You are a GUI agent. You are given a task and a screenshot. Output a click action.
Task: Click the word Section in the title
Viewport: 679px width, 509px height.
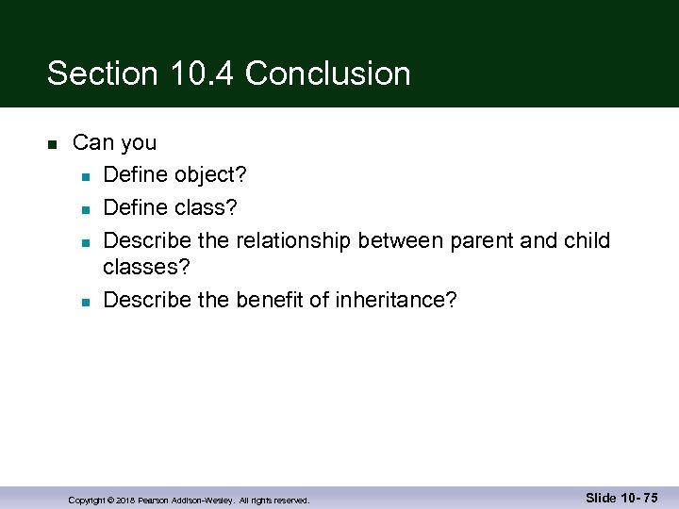tap(97, 74)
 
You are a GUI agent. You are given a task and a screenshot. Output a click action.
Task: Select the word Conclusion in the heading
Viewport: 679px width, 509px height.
tap(327, 74)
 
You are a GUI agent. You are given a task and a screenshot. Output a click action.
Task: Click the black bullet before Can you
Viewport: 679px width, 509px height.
tap(52, 144)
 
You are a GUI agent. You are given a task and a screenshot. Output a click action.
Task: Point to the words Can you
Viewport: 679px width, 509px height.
tap(114, 143)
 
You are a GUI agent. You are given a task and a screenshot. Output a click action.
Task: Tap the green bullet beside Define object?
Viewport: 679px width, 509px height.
tap(85, 176)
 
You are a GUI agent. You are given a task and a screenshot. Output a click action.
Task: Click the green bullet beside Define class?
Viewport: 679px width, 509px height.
tap(85, 208)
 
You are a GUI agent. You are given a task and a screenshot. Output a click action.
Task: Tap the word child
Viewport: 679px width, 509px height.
tap(587, 240)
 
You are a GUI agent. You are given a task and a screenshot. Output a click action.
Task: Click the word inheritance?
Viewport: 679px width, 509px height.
tap(397, 300)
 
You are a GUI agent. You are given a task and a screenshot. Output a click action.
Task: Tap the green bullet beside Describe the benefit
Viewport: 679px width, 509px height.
tap(85, 302)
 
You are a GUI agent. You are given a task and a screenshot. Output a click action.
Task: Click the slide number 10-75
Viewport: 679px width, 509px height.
tap(638, 498)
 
